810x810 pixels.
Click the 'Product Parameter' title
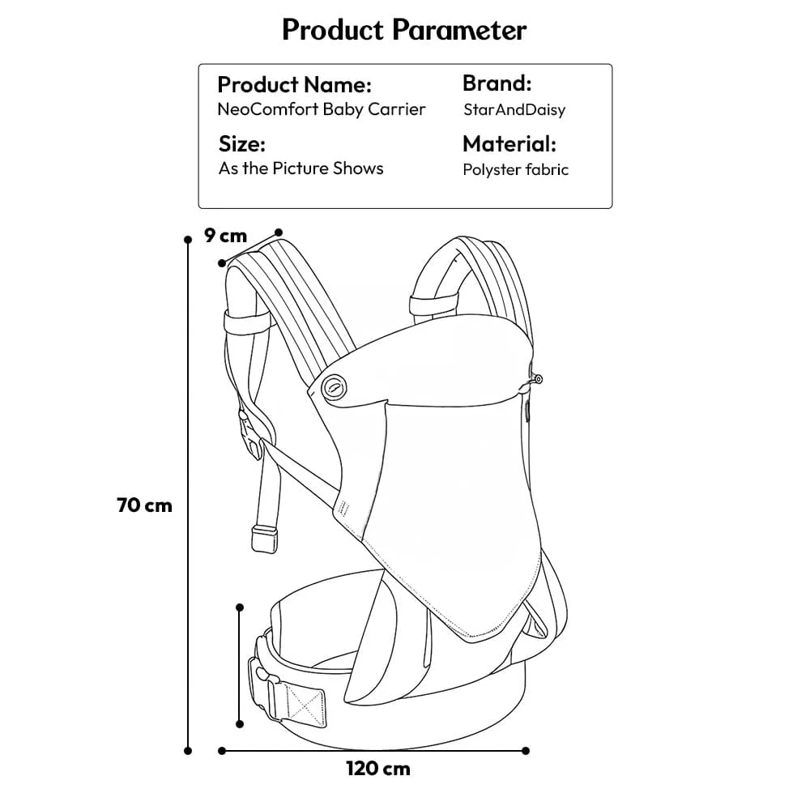(x=404, y=30)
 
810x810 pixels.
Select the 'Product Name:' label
(x=294, y=84)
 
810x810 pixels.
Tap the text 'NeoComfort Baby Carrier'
(x=322, y=109)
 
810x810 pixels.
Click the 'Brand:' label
(x=497, y=83)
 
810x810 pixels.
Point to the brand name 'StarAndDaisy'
(x=514, y=109)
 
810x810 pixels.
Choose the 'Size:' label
(x=242, y=145)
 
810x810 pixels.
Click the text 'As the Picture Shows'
(x=301, y=168)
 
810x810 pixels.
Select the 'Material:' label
(x=509, y=144)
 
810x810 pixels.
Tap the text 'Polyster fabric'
(x=515, y=170)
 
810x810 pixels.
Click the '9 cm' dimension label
(x=225, y=236)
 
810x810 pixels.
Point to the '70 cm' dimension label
(x=145, y=505)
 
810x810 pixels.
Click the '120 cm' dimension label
(x=378, y=768)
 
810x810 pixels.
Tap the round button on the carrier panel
(x=332, y=388)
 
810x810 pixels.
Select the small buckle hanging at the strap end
(x=264, y=537)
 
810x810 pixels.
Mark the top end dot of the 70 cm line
(x=189, y=241)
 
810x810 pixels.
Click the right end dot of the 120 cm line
(x=526, y=750)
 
